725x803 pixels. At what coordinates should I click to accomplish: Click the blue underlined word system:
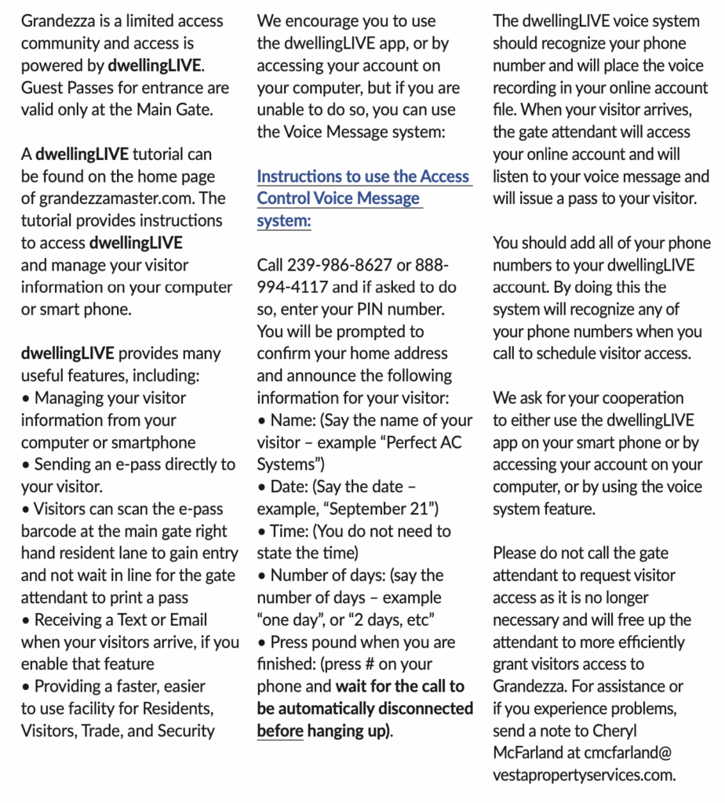pos(284,220)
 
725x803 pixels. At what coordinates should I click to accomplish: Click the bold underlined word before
pos(279,730)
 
